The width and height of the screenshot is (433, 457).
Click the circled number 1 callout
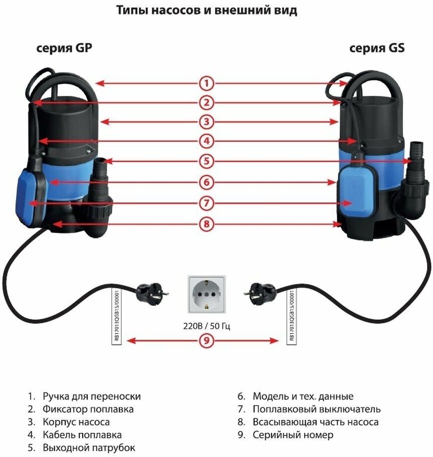(x=206, y=83)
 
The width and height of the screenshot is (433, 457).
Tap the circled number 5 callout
(x=206, y=161)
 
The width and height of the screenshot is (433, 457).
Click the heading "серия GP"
(x=64, y=49)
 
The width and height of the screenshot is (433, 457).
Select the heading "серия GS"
(x=377, y=49)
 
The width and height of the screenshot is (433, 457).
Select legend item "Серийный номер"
(x=293, y=435)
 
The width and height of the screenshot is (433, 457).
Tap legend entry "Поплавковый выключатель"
(x=316, y=409)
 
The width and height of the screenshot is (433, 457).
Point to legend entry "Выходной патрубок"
(x=88, y=447)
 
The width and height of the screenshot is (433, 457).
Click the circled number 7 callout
(x=206, y=203)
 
